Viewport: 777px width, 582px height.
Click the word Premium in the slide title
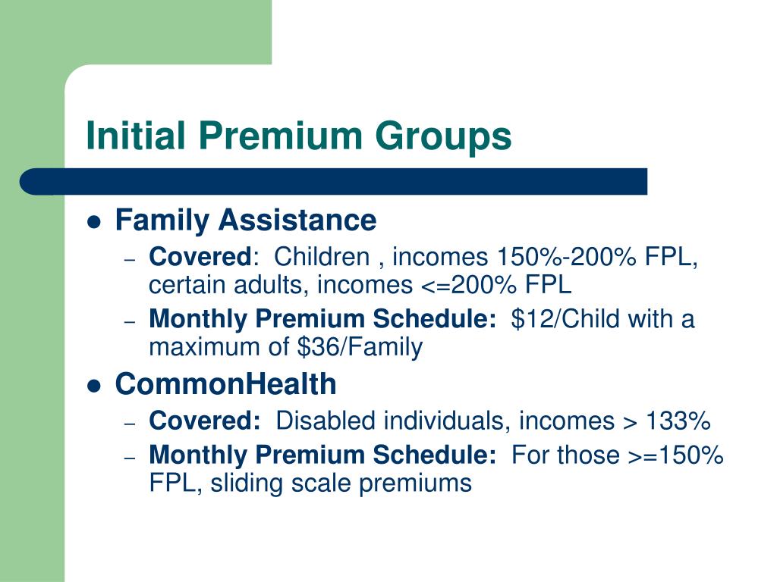[280, 136]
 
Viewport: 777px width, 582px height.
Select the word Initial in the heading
[136, 136]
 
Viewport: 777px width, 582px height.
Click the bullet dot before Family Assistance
[94, 223]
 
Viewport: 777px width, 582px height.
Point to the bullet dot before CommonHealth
[94, 386]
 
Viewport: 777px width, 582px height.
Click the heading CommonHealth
[225, 384]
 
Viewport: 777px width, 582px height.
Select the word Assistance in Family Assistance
[297, 221]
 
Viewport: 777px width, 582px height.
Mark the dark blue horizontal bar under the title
[334, 182]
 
